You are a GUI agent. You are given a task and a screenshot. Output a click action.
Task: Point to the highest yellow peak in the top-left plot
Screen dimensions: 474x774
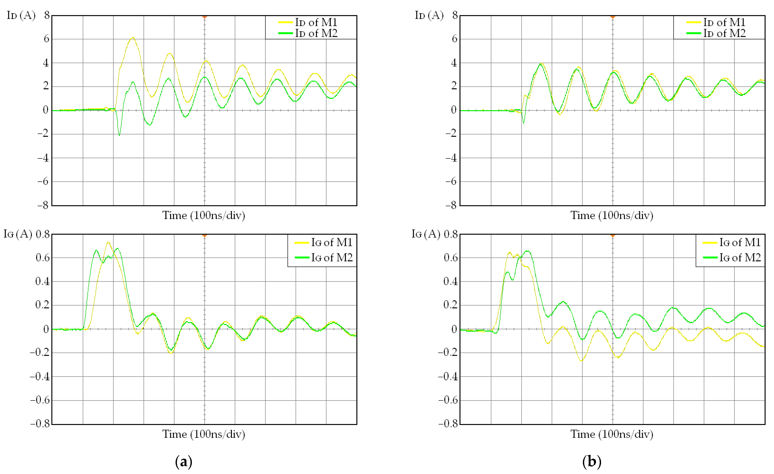[133, 38]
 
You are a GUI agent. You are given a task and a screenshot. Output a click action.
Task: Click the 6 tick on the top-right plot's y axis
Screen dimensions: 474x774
[454, 39]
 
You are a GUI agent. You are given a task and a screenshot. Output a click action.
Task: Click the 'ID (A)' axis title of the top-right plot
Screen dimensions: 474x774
[429, 15]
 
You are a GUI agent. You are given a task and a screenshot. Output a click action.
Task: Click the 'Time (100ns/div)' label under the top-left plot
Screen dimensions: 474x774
[203, 215]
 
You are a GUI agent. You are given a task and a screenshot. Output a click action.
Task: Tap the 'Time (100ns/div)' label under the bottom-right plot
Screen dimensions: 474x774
[612, 434]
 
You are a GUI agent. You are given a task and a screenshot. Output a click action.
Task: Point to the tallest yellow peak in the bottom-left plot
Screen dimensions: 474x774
[108, 242]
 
